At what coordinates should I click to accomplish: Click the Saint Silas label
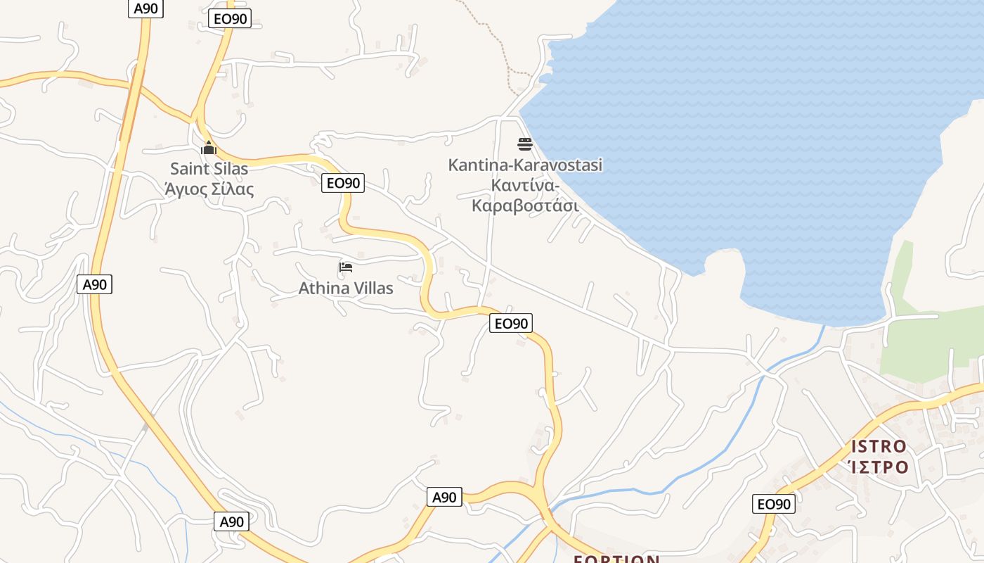coord(209,170)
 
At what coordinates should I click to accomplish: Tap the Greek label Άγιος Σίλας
coord(209,189)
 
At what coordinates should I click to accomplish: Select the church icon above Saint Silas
coord(208,148)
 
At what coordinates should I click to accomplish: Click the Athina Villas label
coord(346,288)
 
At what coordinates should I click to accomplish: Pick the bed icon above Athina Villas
coord(345,267)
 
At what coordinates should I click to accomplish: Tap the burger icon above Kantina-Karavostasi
coord(525,144)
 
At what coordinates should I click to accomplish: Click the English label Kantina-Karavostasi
coord(525,165)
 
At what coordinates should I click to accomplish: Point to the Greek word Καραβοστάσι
coord(525,205)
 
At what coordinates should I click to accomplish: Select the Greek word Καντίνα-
coord(525,186)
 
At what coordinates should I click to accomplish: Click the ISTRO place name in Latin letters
coord(879,446)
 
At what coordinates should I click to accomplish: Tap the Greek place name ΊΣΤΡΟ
coord(879,467)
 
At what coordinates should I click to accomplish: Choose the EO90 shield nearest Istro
coord(774,504)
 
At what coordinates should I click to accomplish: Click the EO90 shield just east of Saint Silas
coord(343,183)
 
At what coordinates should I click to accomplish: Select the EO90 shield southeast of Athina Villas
coord(511,323)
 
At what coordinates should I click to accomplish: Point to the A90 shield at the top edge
coord(146,8)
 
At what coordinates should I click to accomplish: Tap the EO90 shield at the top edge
coord(230,19)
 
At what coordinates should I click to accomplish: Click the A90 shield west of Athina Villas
coord(94,284)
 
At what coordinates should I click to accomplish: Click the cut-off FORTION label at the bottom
coord(616,559)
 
